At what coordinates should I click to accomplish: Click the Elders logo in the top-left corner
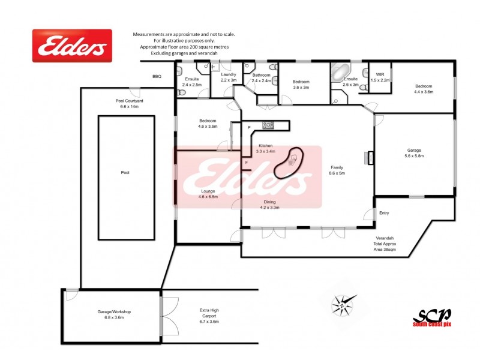(x=72, y=46)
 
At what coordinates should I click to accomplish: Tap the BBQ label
(x=157, y=77)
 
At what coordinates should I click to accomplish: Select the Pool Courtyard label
(x=130, y=104)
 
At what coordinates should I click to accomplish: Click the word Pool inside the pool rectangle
(x=125, y=173)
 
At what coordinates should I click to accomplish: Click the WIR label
(x=380, y=77)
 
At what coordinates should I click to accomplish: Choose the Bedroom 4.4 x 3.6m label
(x=424, y=89)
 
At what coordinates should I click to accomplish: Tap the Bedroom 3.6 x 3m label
(x=301, y=84)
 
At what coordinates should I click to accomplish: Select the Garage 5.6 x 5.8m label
(x=414, y=152)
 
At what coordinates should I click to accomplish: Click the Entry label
(x=384, y=213)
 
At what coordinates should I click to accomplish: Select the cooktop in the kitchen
(x=268, y=125)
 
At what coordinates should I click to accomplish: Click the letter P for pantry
(x=248, y=128)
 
